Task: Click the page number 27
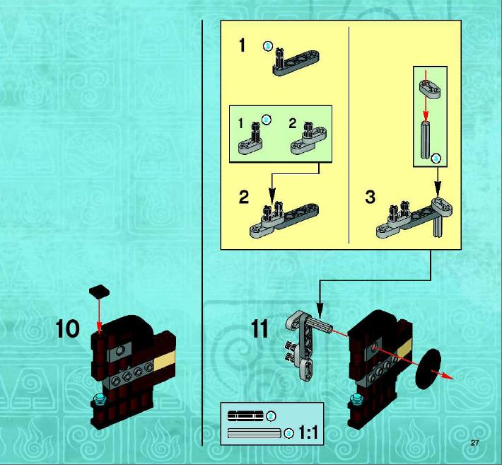[474, 443]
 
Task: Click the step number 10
[68, 329]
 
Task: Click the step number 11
[259, 329]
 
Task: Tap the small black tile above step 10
[99, 291]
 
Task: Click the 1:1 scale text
[308, 432]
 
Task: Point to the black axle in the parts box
[245, 415]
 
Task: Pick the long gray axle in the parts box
[255, 433]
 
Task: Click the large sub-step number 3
[370, 197]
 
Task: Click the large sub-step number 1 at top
[242, 45]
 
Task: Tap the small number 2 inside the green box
[292, 123]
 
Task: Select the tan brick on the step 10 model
[165, 359]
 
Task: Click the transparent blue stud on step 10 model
[98, 400]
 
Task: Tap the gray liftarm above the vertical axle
[429, 88]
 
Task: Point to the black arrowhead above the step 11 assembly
[320, 308]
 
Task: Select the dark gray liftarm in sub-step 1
[296, 63]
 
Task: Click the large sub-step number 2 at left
[244, 197]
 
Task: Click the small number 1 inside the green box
[241, 123]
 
